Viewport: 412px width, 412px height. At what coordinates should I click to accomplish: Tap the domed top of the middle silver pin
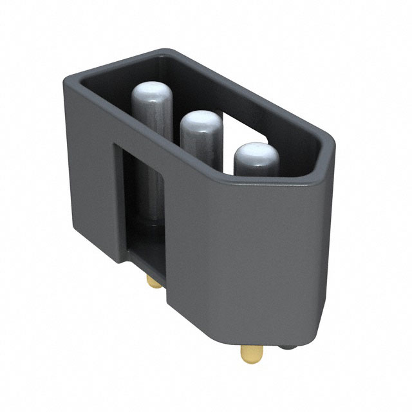(x=200, y=123)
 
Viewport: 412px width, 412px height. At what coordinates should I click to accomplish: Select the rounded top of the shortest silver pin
(x=256, y=155)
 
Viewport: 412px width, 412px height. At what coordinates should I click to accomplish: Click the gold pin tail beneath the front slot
(x=153, y=281)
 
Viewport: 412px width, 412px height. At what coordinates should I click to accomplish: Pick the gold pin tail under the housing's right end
(x=252, y=353)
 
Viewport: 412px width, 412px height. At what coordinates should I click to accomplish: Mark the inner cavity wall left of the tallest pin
(x=109, y=97)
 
